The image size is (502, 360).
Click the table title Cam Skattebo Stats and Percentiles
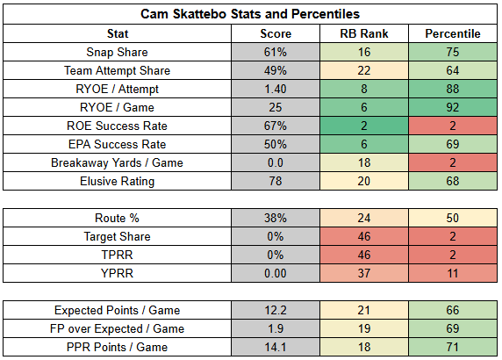click(x=250, y=14)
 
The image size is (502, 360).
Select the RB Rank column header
click(x=364, y=33)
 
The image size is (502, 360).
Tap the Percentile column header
click(x=453, y=33)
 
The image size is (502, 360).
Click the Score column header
click(x=276, y=33)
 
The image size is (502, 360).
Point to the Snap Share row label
click(x=118, y=52)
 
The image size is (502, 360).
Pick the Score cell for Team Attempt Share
click(x=276, y=70)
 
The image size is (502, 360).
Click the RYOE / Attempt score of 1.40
click(x=276, y=89)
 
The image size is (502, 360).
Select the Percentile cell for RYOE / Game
click(x=453, y=107)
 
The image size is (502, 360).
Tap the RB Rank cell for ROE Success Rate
click(x=364, y=126)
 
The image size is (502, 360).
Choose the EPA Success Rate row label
click(x=118, y=145)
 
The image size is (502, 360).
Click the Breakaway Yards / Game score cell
click(x=276, y=162)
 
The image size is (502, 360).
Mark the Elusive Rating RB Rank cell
click(x=364, y=181)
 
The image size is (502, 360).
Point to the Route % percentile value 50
click(x=453, y=218)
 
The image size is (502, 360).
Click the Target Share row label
click(x=118, y=237)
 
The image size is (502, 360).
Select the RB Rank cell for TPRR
click(x=364, y=255)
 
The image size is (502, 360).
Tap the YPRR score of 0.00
click(x=276, y=274)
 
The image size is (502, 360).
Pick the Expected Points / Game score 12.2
click(x=276, y=310)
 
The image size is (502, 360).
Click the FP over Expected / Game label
click(x=118, y=329)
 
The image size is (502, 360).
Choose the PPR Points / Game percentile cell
click(x=453, y=347)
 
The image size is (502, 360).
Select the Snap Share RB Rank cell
click(x=364, y=52)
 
